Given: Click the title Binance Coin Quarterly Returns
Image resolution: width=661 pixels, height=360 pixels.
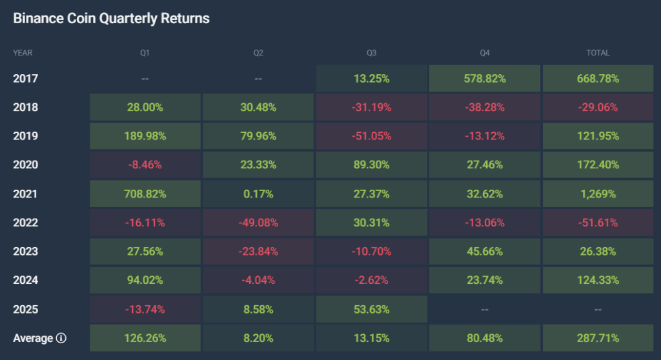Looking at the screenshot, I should click(x=111, y=19).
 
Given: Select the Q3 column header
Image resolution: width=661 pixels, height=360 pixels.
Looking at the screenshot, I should click(x=371, y=53).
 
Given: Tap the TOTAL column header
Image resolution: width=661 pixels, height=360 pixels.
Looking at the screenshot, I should click(x=598, y=53).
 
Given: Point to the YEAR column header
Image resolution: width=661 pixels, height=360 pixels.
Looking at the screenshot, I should click(x=23, y=53).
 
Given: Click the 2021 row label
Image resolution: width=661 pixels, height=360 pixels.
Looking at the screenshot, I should click(x=25, y=194).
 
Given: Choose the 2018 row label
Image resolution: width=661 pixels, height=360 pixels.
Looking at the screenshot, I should click(x=25, y=107).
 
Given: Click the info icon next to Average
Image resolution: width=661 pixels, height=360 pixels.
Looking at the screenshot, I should click(x=61, y=338).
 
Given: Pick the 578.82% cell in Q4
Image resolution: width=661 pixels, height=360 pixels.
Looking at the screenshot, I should click(x=484, y=79).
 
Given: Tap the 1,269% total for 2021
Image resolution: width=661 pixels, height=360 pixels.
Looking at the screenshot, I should click(x=598, y=194).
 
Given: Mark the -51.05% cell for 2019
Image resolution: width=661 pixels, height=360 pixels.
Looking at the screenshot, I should click(x=371, y=136).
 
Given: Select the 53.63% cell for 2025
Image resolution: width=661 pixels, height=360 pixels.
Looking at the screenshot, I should click(x=371, y=309).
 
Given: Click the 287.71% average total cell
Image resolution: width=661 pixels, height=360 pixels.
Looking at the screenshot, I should click(x=598, y=338).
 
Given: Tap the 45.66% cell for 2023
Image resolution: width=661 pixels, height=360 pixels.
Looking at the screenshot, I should click(x=484, y=252).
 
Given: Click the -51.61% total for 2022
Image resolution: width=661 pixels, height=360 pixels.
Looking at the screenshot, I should click(x=598, y=223).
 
